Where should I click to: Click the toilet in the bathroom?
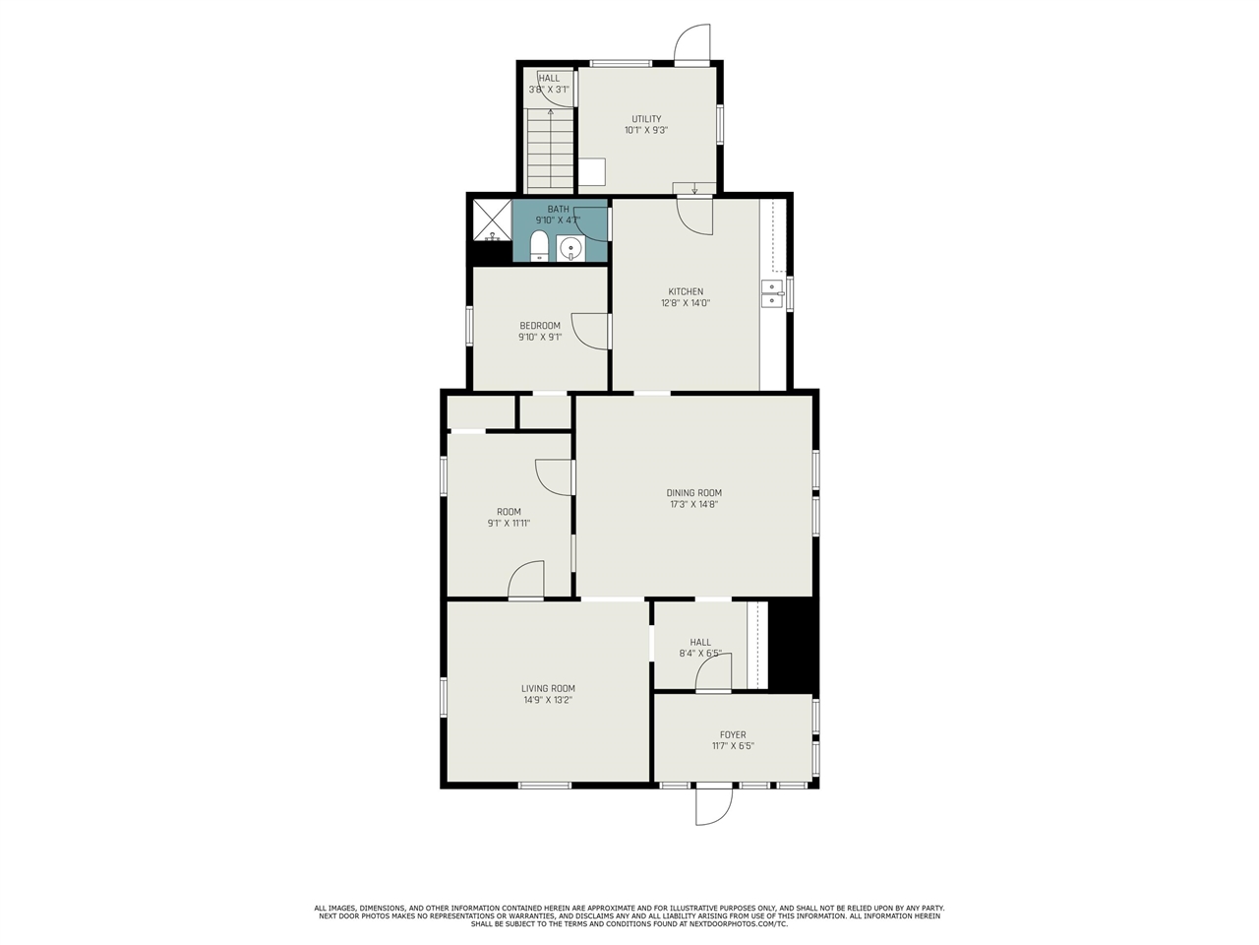tap(538, 245)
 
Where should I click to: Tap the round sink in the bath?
tap(570, 248)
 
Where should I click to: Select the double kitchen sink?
tap(772, 293)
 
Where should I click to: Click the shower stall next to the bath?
tap(492, 220)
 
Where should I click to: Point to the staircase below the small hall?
tap(551, 151)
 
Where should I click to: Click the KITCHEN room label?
tap(686, 291)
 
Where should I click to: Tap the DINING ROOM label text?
tap(694, 493)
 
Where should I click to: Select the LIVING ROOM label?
tap(548, 688)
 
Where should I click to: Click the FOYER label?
tap(733, 734)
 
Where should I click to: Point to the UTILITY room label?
tap(646, 119)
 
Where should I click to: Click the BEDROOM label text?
tap(540, 325)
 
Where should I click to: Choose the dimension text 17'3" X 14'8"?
tap(694, 504)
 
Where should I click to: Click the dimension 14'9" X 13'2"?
tap(548, 700)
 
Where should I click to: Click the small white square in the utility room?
tap(591, 171)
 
